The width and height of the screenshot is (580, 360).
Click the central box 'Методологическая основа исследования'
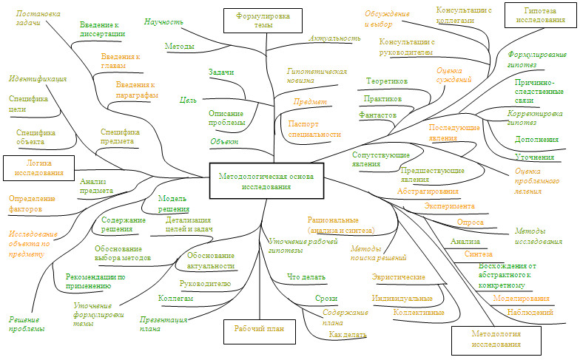tap(266, 181)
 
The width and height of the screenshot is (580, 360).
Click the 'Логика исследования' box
tap(38, 167)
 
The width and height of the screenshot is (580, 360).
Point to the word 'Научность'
tap(163, 22)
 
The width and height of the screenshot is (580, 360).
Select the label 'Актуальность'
tap(334, 37)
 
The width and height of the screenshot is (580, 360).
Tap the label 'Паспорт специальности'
tap(314, 129)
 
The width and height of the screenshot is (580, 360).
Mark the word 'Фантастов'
tap(378, 115)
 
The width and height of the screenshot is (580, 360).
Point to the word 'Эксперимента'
tap(450, 206)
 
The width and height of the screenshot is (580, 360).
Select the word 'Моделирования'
tap(521, 299)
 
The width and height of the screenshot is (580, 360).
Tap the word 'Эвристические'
tap(399, 277)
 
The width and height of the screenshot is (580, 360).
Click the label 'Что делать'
tap(305, 277)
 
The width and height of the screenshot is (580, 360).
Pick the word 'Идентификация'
tap(38, 78)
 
